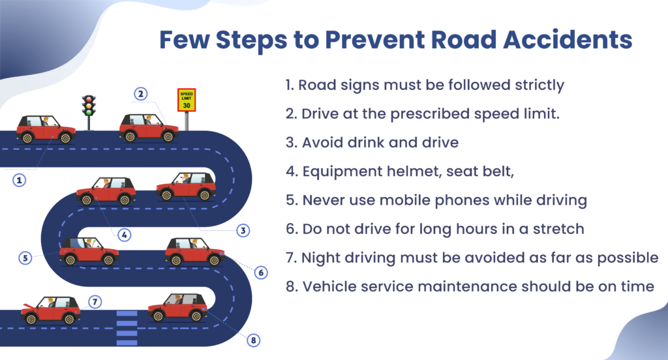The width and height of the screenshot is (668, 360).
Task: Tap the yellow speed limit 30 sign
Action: [187, 100]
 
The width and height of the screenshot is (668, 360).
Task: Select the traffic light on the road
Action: [89, 106]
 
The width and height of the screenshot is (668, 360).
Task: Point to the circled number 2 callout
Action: [140, 94]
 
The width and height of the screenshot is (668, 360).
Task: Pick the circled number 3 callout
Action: [242, 230]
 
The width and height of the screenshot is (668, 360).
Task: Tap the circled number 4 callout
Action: [124, 234]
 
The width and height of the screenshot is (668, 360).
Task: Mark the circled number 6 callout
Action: [260, 272]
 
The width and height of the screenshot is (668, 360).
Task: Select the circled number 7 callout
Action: [95, 302]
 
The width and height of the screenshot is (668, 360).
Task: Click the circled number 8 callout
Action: [254, 340]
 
